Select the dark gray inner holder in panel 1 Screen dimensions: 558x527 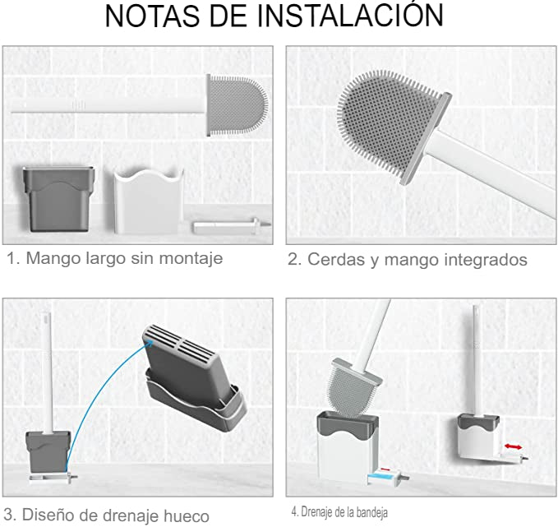coord(58,199)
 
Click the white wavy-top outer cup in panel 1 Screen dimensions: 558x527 coord(149,201)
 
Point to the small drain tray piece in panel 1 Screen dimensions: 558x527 coord(231,226)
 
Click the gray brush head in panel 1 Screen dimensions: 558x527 coord(237,105)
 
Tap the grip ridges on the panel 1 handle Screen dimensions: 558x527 coord(79,105)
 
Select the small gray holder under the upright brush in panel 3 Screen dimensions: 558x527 coord(48,451)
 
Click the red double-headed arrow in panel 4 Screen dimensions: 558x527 coord(513,446)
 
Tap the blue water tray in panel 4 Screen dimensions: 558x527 coord(382,477)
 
